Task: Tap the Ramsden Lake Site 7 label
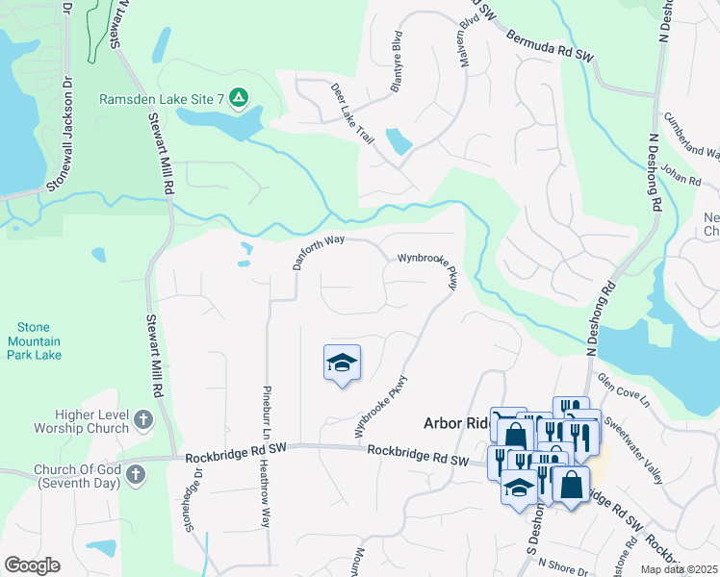coord(162,98)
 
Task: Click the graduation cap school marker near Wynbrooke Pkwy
coord(342,363)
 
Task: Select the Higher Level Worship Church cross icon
coord(142,419)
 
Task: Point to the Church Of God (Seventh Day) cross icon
coord(135,473)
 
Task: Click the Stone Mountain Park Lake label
coord(36,341)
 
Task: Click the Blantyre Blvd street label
coord(395,62)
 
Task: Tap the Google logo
coord(32,565)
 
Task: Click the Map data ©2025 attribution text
coord(679,569)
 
